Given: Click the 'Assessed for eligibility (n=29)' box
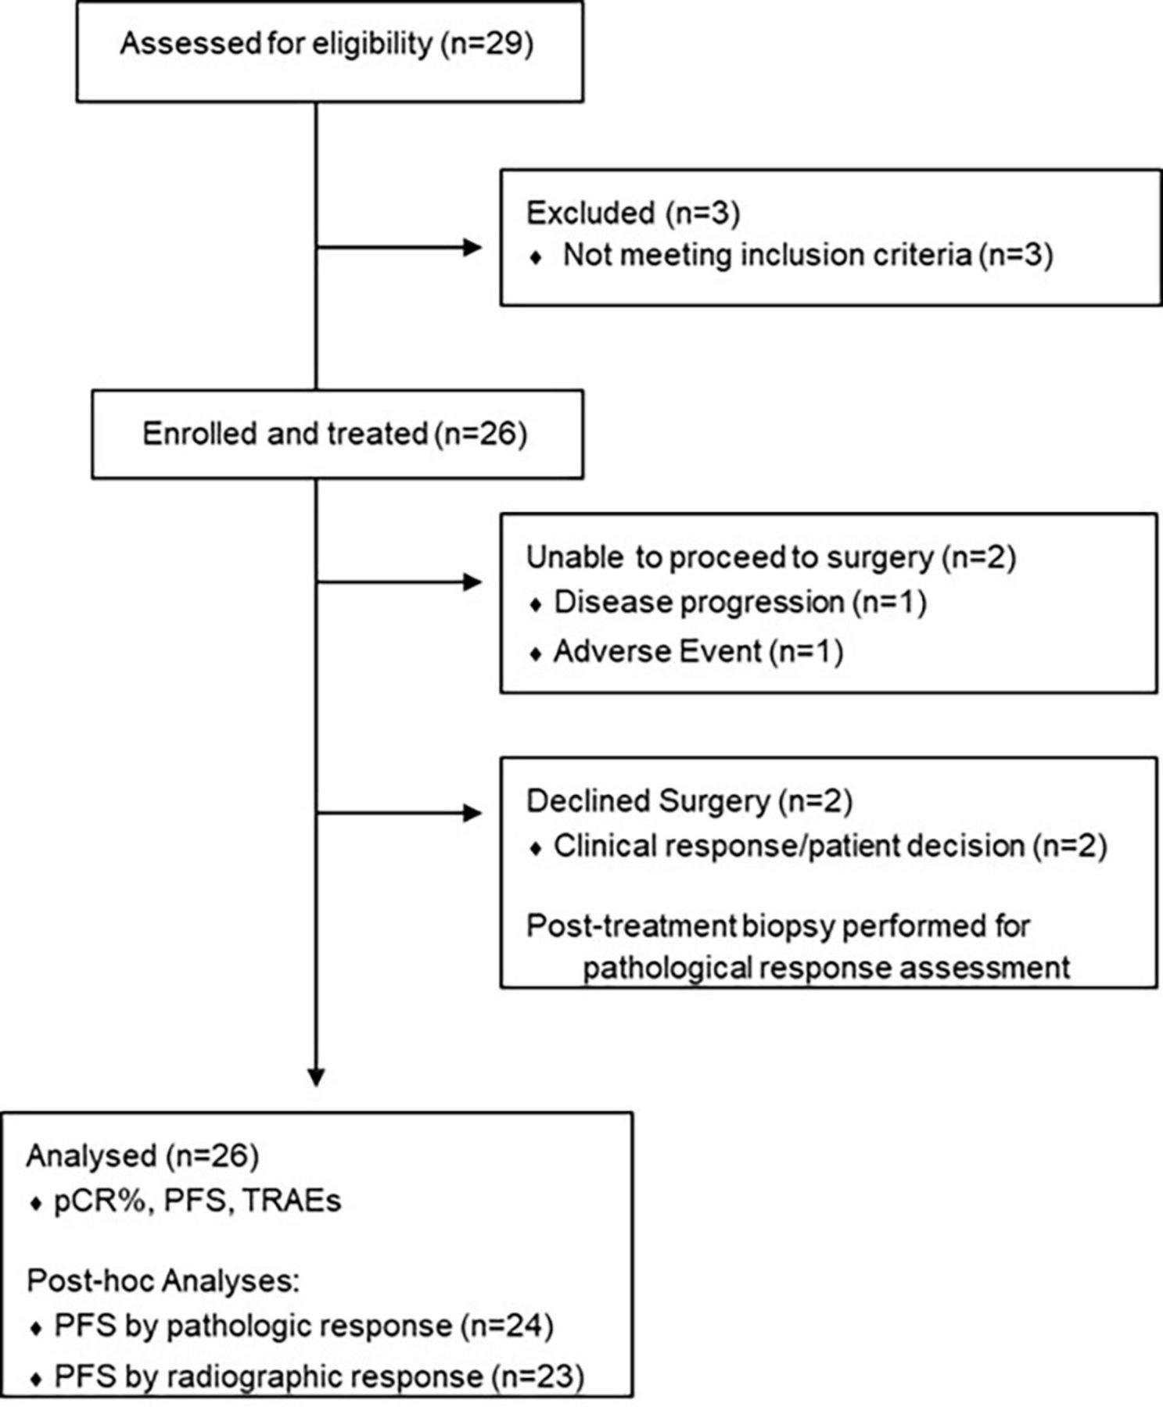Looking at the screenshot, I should pos(328,51).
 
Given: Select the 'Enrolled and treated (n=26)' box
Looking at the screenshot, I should pos(336,435).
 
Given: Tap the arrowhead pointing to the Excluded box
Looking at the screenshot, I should pos(472,248).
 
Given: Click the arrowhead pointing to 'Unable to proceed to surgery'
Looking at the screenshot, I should pos(472,582).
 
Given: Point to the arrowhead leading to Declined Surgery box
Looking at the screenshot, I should pos(472,813).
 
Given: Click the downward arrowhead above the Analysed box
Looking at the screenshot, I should pos(316,1077).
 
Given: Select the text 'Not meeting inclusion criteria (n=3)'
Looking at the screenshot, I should pos(807,256).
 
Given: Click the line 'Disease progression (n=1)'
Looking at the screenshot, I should pos(739,603).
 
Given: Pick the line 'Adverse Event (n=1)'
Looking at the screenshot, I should pos(698,651).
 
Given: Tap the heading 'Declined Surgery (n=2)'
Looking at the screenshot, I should pos(689,801).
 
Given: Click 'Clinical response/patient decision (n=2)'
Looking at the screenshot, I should pos(829,846).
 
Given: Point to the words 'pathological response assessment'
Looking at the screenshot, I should pos(827,968).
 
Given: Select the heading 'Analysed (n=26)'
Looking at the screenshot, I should pos(142,1156).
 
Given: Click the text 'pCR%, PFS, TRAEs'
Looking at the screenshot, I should pos(197,1201).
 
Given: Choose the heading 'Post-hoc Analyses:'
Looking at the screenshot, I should pos(163,1281).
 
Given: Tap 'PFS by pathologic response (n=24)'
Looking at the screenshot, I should pos(303,1326).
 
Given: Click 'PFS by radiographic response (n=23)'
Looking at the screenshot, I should pos(318,1377).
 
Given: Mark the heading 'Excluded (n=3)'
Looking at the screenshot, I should pos(633,213).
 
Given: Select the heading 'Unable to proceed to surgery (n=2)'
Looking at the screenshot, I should pos(770,557).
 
